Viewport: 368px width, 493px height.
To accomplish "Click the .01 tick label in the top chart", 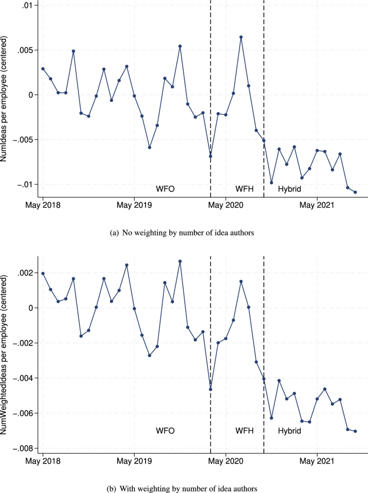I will pyautogui.click(x=27, y=5).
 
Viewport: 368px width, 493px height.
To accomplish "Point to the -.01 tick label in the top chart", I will pyautogui.click(x=25, y=184).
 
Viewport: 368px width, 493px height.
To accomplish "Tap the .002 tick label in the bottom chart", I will pyautogui.click(x=25, y=273).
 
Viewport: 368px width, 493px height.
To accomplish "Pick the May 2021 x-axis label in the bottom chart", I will pyautogui.click(x=318, y=460).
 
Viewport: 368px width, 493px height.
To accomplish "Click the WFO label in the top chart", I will pyautogui.click(x=165, y=189).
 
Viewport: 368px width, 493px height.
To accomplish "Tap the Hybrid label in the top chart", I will pyautogui.click(x=289, y=189).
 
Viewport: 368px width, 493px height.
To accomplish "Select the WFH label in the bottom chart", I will pyautogui.click(x=245, y=431).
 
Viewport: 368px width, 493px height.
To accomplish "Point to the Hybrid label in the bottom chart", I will pyautogui.click(x=289, y=431).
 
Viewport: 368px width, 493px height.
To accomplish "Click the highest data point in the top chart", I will pyautogui.click(x=241, y=37).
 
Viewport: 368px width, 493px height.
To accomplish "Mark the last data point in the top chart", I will pyautogui.click(x=356, y=192).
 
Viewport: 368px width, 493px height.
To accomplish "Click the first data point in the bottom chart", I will pyautogui.click(x=43, y=273).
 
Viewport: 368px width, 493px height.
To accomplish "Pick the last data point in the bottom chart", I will pyautogui.click(x=356, y=431).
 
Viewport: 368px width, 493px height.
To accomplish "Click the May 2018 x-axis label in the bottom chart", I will pyautogui.click(x=42, y=460).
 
